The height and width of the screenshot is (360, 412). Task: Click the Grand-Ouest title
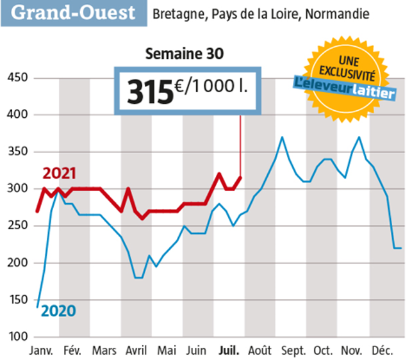(x=74, y=13)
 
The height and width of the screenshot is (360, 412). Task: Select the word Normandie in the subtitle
(x=338, y=13)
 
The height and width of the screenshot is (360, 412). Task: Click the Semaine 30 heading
(x=185, y=54)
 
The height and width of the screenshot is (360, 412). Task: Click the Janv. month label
(x=41, y=351)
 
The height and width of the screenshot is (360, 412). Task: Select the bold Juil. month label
(x=229, y=351)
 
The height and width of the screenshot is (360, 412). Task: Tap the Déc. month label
(x=383, y=351)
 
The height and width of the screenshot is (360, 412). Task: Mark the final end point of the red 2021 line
(x=240, y=177)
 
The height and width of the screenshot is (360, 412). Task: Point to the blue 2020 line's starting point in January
(x=37, y=307)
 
